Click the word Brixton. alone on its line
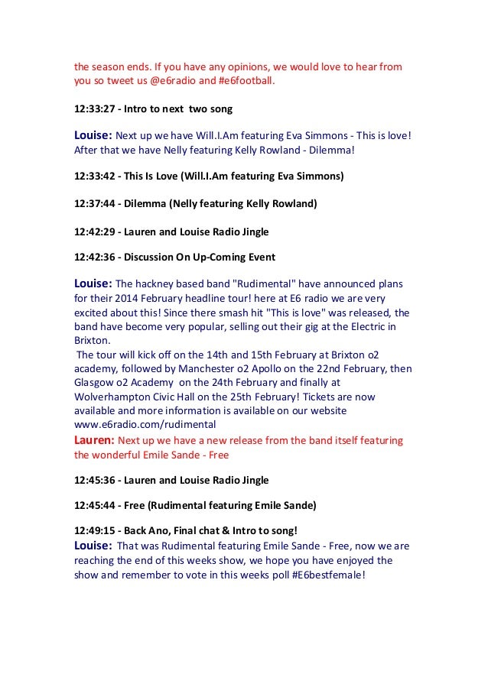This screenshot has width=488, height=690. (93, 341)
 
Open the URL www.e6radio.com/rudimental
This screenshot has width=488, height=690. (145, 423)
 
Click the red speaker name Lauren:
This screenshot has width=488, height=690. (93, 440)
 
